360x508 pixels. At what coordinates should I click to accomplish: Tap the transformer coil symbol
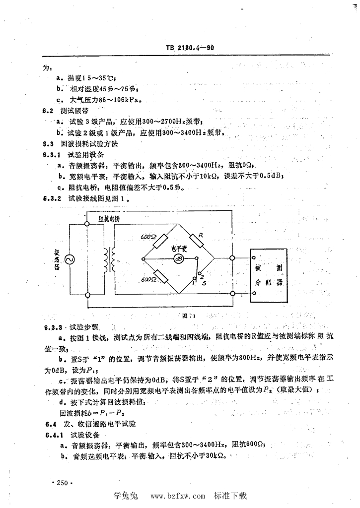coord(109,258)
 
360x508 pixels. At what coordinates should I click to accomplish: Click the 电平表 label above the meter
coord(178,248)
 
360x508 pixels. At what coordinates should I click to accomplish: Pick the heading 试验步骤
coord(84,327)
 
